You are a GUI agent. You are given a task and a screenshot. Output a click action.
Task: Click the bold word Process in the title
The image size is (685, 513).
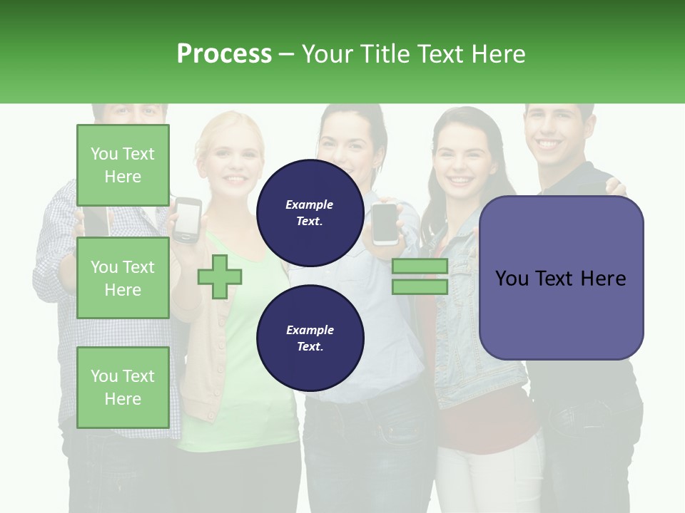[224, 53]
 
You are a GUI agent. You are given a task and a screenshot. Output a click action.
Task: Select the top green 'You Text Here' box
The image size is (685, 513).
[123, 165]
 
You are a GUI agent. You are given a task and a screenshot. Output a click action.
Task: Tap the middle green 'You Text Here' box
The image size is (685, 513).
[123, 278]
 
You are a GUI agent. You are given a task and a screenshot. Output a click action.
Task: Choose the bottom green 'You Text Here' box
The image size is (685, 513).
[123, 388]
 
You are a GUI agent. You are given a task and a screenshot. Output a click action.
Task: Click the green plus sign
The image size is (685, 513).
[219, 276]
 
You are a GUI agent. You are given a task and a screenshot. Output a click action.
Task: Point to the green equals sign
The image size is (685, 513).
[420, 276]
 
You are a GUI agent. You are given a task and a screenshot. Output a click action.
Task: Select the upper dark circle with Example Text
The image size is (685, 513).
[310, 213]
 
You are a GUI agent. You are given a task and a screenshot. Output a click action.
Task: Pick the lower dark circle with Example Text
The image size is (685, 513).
[310, 338]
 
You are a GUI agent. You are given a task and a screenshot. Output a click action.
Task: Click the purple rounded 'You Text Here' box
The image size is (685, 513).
[561, 278]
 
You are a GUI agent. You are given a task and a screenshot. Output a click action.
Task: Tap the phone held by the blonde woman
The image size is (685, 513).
[188, 219]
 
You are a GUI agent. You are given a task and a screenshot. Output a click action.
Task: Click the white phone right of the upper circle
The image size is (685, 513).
[385, 224]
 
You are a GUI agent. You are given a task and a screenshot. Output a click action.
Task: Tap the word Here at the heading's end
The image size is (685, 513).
[499, 53]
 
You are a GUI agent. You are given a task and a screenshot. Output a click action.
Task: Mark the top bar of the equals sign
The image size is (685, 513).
[420, 266]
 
